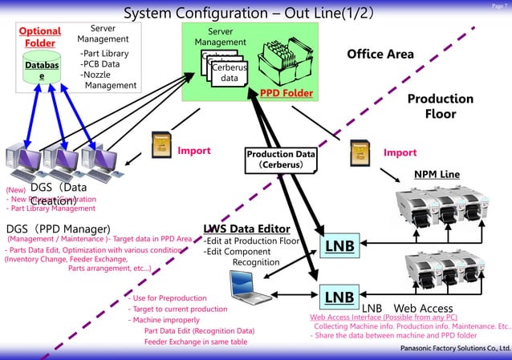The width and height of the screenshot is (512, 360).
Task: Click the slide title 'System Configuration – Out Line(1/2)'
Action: point(248,14)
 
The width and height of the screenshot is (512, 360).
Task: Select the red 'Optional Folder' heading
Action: point(40,37)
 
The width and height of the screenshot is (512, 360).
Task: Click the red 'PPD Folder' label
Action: point(286,94)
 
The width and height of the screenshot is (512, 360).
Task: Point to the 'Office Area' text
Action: point(380,54)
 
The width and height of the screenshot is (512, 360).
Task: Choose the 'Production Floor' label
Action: point(440,106)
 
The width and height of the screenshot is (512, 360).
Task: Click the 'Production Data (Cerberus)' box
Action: point(275,159)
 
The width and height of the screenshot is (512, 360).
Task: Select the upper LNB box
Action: point(339,245)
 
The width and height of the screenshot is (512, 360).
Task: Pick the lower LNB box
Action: point(339,297)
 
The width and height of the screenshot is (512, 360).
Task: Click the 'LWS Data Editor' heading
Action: point(246,229)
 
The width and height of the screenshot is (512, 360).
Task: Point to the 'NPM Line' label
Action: point(437,174)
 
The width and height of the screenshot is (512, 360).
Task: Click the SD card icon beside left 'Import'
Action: point(159,144)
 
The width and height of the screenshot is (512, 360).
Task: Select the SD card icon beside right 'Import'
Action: point(360,148)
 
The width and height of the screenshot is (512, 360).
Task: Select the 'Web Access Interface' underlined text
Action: point(353,317)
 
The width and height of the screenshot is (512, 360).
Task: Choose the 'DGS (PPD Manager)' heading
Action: point(58,229)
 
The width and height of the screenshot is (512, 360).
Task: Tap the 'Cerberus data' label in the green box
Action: point(229,74)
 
